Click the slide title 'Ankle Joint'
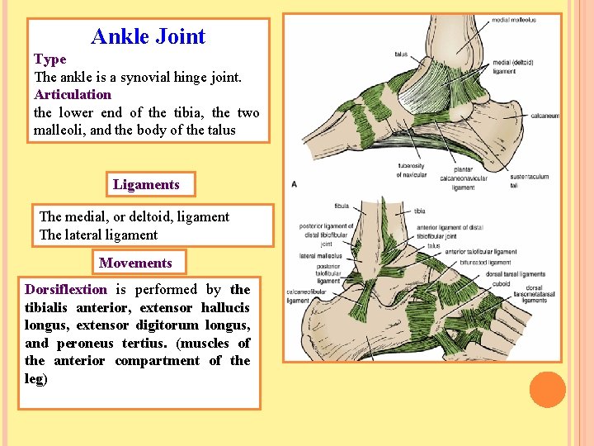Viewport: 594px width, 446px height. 148,37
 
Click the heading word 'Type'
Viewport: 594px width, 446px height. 49,59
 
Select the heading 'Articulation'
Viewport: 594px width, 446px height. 73,94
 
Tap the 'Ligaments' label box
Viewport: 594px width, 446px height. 146,184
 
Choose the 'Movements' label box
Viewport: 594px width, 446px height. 135,263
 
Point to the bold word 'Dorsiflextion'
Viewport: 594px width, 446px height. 66,290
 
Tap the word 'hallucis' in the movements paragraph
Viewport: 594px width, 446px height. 226,307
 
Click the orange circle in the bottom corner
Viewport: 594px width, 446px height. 547,390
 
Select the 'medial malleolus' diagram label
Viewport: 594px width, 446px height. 513,20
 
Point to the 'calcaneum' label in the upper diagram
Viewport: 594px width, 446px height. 544,116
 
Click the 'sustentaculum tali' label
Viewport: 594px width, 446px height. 526,181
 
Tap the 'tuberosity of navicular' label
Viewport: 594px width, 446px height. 412,170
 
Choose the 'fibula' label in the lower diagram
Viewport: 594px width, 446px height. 342,206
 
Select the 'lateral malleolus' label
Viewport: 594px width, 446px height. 314,256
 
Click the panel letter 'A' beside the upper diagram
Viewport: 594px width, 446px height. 295,183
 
